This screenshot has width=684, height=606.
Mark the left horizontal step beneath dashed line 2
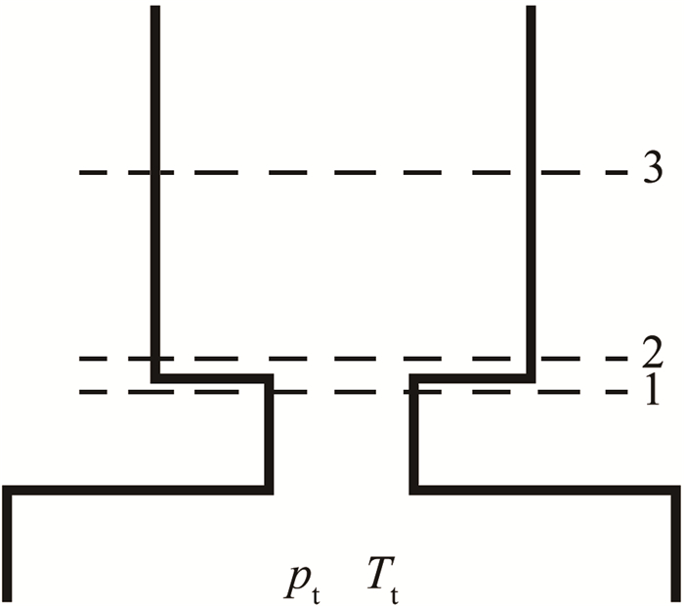coord(211,377)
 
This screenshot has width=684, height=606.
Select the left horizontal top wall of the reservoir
coord(137,489)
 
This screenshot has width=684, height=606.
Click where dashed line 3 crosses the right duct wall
coord(532,173)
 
